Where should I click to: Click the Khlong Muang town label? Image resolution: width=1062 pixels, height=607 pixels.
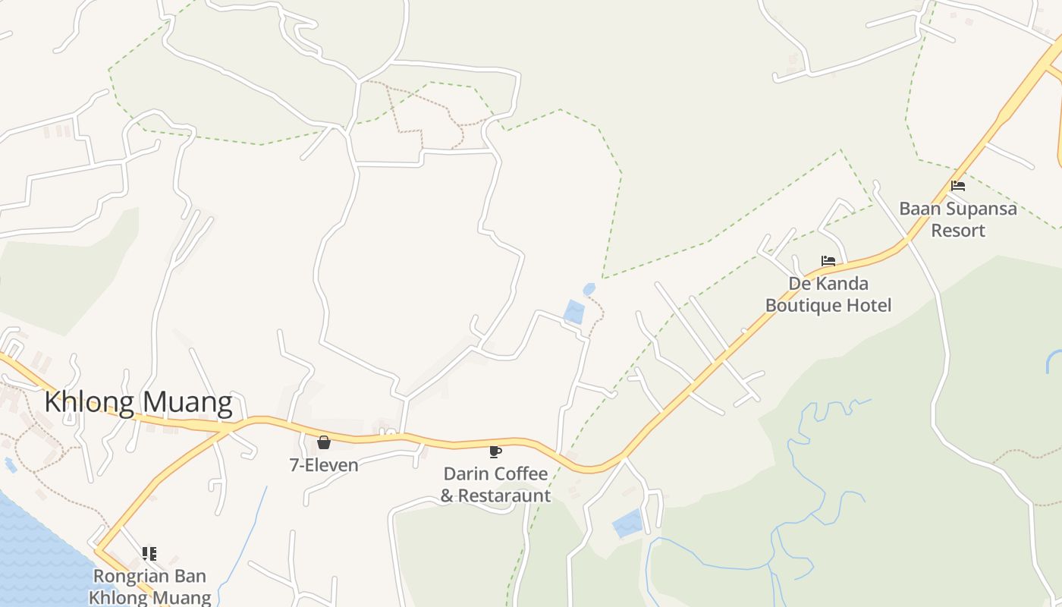(138, 402)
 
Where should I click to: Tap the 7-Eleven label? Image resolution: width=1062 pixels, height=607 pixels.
(324, 464)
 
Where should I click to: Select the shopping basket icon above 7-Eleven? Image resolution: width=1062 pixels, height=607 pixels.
(324, 442)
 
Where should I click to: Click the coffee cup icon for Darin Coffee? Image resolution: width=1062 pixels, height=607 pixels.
(495, 451)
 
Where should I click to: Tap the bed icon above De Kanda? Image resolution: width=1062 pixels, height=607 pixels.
(828, 261)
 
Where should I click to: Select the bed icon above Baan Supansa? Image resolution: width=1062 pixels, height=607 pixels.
(958, 185)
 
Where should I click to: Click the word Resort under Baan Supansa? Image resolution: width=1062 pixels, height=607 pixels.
(958, 230)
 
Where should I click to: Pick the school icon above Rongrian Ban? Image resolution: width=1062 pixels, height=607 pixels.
(149, 554)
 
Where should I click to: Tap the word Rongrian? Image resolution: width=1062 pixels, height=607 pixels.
(127, 576)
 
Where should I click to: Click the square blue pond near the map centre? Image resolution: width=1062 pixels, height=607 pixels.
(574, 312)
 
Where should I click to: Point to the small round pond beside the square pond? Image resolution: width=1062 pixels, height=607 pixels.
(589, 289)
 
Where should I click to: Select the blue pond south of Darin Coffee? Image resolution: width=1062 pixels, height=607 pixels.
(627, 524)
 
